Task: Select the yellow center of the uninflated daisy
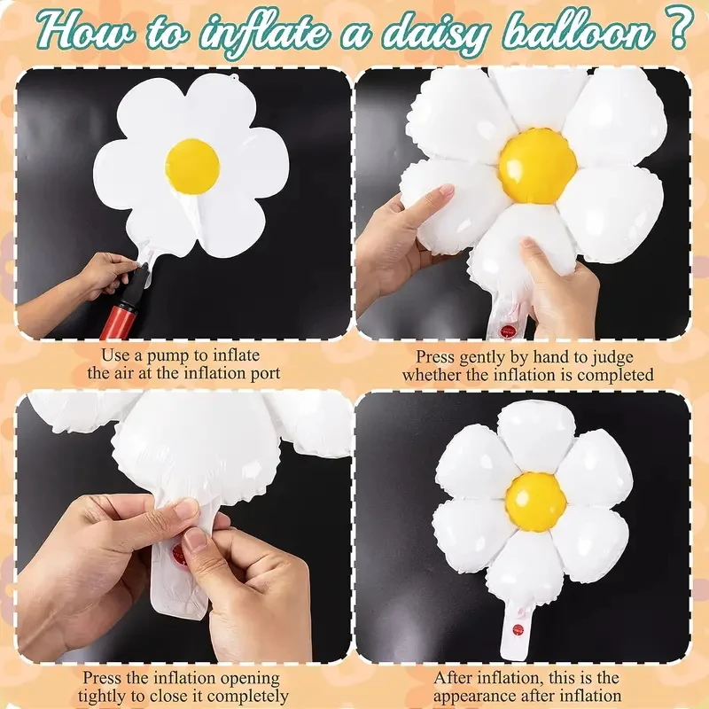192,164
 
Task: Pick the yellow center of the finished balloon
535,501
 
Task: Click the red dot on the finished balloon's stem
518,629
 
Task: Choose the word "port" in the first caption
265,374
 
